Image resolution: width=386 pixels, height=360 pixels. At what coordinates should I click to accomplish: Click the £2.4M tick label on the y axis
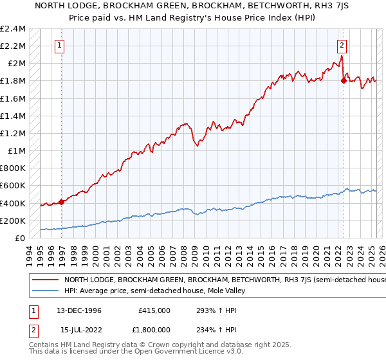pos(13,29)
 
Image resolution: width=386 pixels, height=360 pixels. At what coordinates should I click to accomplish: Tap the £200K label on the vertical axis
pos(13,221)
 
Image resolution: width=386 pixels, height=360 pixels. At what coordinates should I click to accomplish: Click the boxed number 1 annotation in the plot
pos(60,45)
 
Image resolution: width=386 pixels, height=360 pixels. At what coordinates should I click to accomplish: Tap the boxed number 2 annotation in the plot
pos(342,45)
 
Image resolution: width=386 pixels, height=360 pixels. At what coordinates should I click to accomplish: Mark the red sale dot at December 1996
pos(62,202)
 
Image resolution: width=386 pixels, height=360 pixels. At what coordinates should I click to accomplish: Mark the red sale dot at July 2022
pos(343,81)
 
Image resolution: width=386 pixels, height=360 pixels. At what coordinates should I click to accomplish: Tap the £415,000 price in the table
pos(154,310)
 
